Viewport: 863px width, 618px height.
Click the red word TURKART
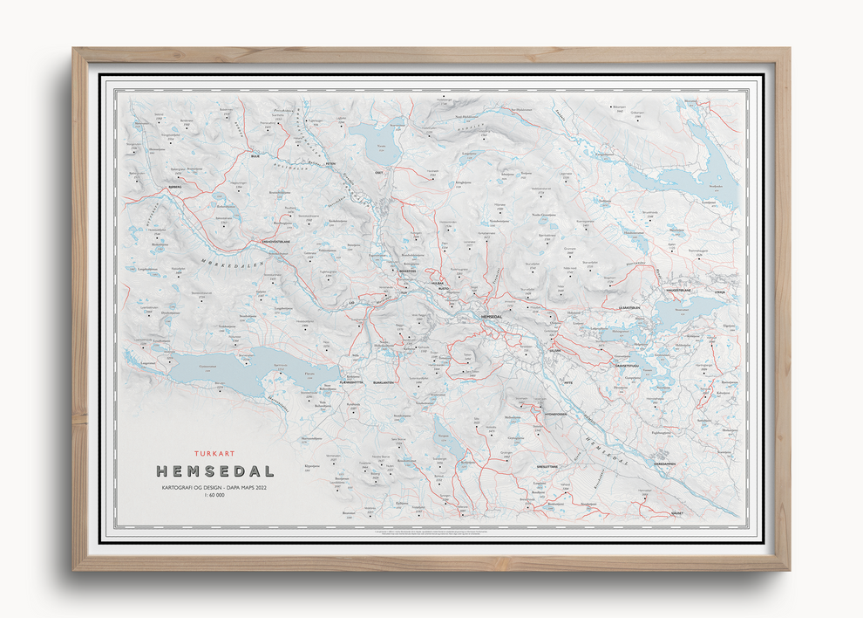click(x=215, y=454)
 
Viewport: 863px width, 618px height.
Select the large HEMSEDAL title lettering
click(x=215, y=471)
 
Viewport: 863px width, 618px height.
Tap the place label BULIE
click(x=255, y=157)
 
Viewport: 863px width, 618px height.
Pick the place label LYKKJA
click(x=719, y=292)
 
